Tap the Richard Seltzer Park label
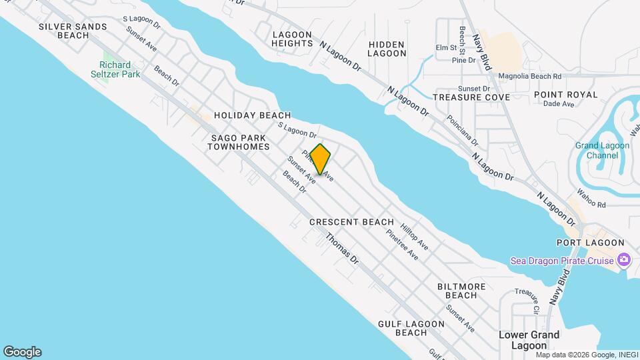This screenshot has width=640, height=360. (119, 69)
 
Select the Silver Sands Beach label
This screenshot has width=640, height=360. (73, 31)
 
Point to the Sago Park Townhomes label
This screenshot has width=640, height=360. (240, 141)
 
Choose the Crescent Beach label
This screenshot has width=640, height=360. (351, 222)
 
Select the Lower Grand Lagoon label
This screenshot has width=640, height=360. (529, 339)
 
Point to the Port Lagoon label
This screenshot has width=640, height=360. (590, 243)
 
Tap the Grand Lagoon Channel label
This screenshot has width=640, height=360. (597, 151)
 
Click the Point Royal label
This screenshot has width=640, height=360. (565, 95)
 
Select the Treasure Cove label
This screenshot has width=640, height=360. (471, 97)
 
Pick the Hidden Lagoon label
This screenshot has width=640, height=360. (387, 49)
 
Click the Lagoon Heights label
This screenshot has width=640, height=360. (292, 39)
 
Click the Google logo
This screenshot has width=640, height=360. (22, 352)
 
